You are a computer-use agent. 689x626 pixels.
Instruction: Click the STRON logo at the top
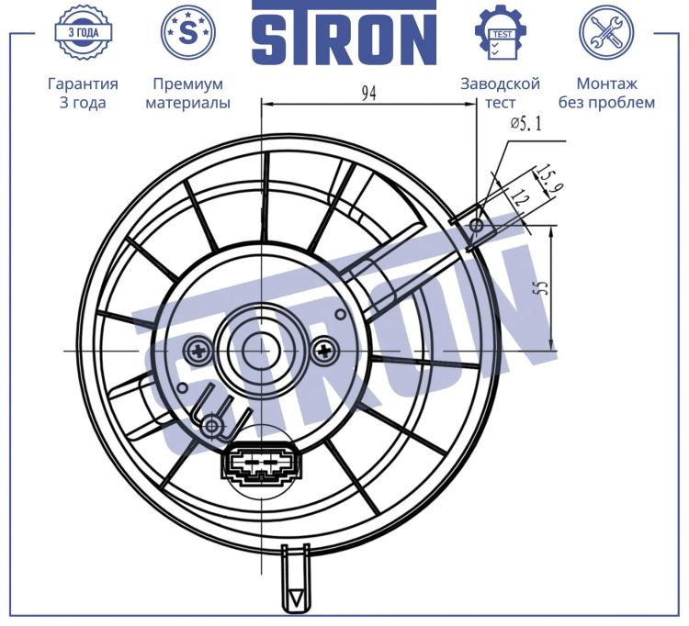[344, 32]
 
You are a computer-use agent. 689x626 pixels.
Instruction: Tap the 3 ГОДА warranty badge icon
[84, 32]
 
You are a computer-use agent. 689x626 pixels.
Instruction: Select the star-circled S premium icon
[188, 32]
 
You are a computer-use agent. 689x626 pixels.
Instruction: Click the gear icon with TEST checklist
[501, 32]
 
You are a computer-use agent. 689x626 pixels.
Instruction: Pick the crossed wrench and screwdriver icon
[606, 32]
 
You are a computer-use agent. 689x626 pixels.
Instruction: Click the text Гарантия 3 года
[83, 93]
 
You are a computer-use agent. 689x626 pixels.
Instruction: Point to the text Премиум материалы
[188, 93]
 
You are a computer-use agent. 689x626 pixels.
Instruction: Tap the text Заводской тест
[500, 93]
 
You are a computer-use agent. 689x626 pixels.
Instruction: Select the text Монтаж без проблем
[606, 93]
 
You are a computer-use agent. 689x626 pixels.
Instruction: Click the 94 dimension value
[369, 93]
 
